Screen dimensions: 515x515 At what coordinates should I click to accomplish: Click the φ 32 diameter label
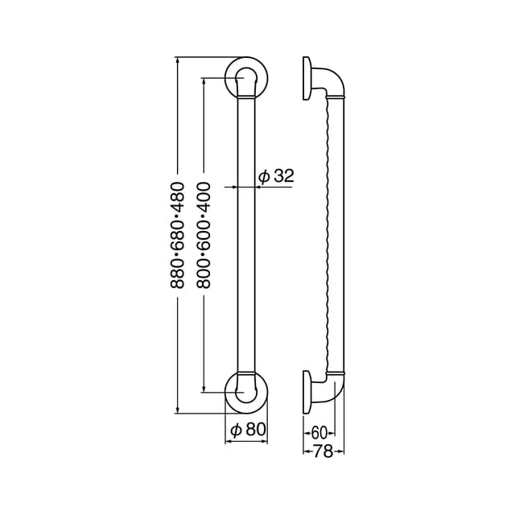276,176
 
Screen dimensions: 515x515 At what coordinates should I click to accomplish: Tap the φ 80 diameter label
248,429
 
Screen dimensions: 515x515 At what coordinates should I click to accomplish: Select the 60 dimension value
319,433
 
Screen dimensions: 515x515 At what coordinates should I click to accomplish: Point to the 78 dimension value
323,451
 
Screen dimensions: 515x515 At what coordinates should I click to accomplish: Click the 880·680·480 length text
177,235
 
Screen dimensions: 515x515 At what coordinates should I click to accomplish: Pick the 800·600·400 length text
204,235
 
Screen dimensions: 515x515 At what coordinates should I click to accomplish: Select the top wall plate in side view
307,78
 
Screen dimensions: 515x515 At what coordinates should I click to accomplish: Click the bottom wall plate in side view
307,392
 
